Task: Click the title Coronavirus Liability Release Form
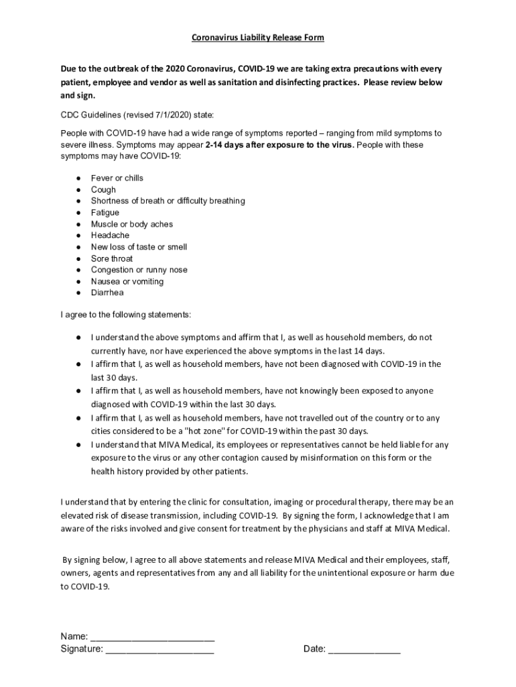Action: pos(258,38)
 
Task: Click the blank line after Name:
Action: pos(152,636)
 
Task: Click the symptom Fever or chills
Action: pos(117,178)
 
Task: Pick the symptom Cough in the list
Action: pos(103,189)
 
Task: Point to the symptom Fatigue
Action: pos(105,213)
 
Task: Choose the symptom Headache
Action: pos(111,235)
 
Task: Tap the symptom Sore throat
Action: pos(112,258)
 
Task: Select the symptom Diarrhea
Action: pos(107,293)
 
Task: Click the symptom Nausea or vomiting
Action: pos(127,281)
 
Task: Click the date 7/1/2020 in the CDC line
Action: pos(159,115)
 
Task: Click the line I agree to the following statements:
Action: pos(125,314)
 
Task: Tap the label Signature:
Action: pos(82,649)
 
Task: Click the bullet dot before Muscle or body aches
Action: pos(78,224)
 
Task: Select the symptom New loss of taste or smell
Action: pos(139,247)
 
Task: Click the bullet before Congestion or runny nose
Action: pos(78,270)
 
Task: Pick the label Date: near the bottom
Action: pos(314,649)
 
